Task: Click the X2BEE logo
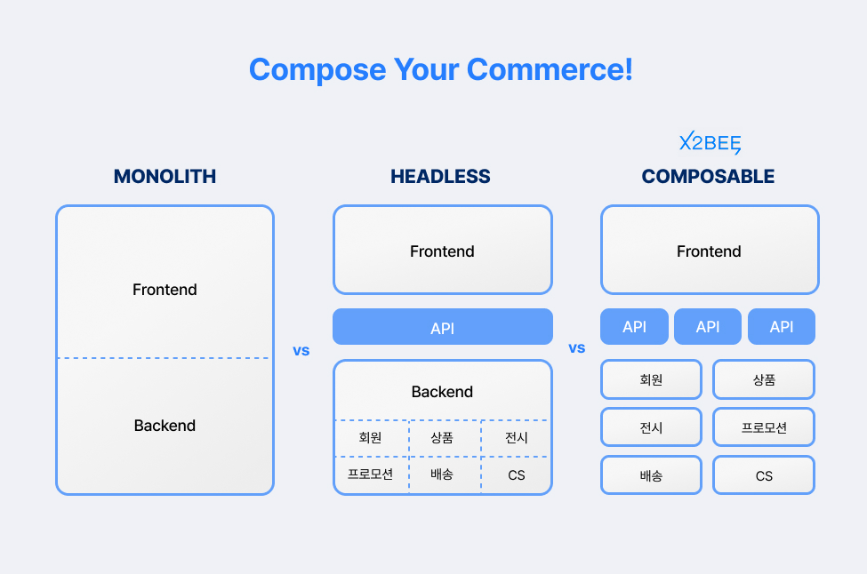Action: pos(710,142)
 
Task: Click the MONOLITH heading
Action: pos(165,176)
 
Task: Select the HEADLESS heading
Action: pos(441,176)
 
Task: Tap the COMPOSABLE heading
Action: pos(709,176)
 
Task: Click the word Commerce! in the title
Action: pos(550,69)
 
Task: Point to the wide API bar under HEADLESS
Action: pos(443,326)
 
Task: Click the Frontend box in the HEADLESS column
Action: pos(443,250)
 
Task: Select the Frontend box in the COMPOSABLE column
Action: pos(710,250)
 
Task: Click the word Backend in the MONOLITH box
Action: pos(165,426)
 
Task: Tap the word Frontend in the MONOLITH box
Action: pos(165,290)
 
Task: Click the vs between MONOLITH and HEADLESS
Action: pos(301,351)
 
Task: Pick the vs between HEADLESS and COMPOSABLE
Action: pos(577,348)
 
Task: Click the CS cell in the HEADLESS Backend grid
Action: pos(517,475)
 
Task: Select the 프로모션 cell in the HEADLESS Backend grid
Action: pos(371,474)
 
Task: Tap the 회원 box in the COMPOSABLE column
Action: pos(651,379)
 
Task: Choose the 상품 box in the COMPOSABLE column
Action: pos(764,379)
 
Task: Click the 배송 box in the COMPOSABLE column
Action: pos(651,475)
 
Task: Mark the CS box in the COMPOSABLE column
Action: pos(764,475)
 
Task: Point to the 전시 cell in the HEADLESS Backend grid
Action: pos(517,438)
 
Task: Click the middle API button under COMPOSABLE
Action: pos(708,326)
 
